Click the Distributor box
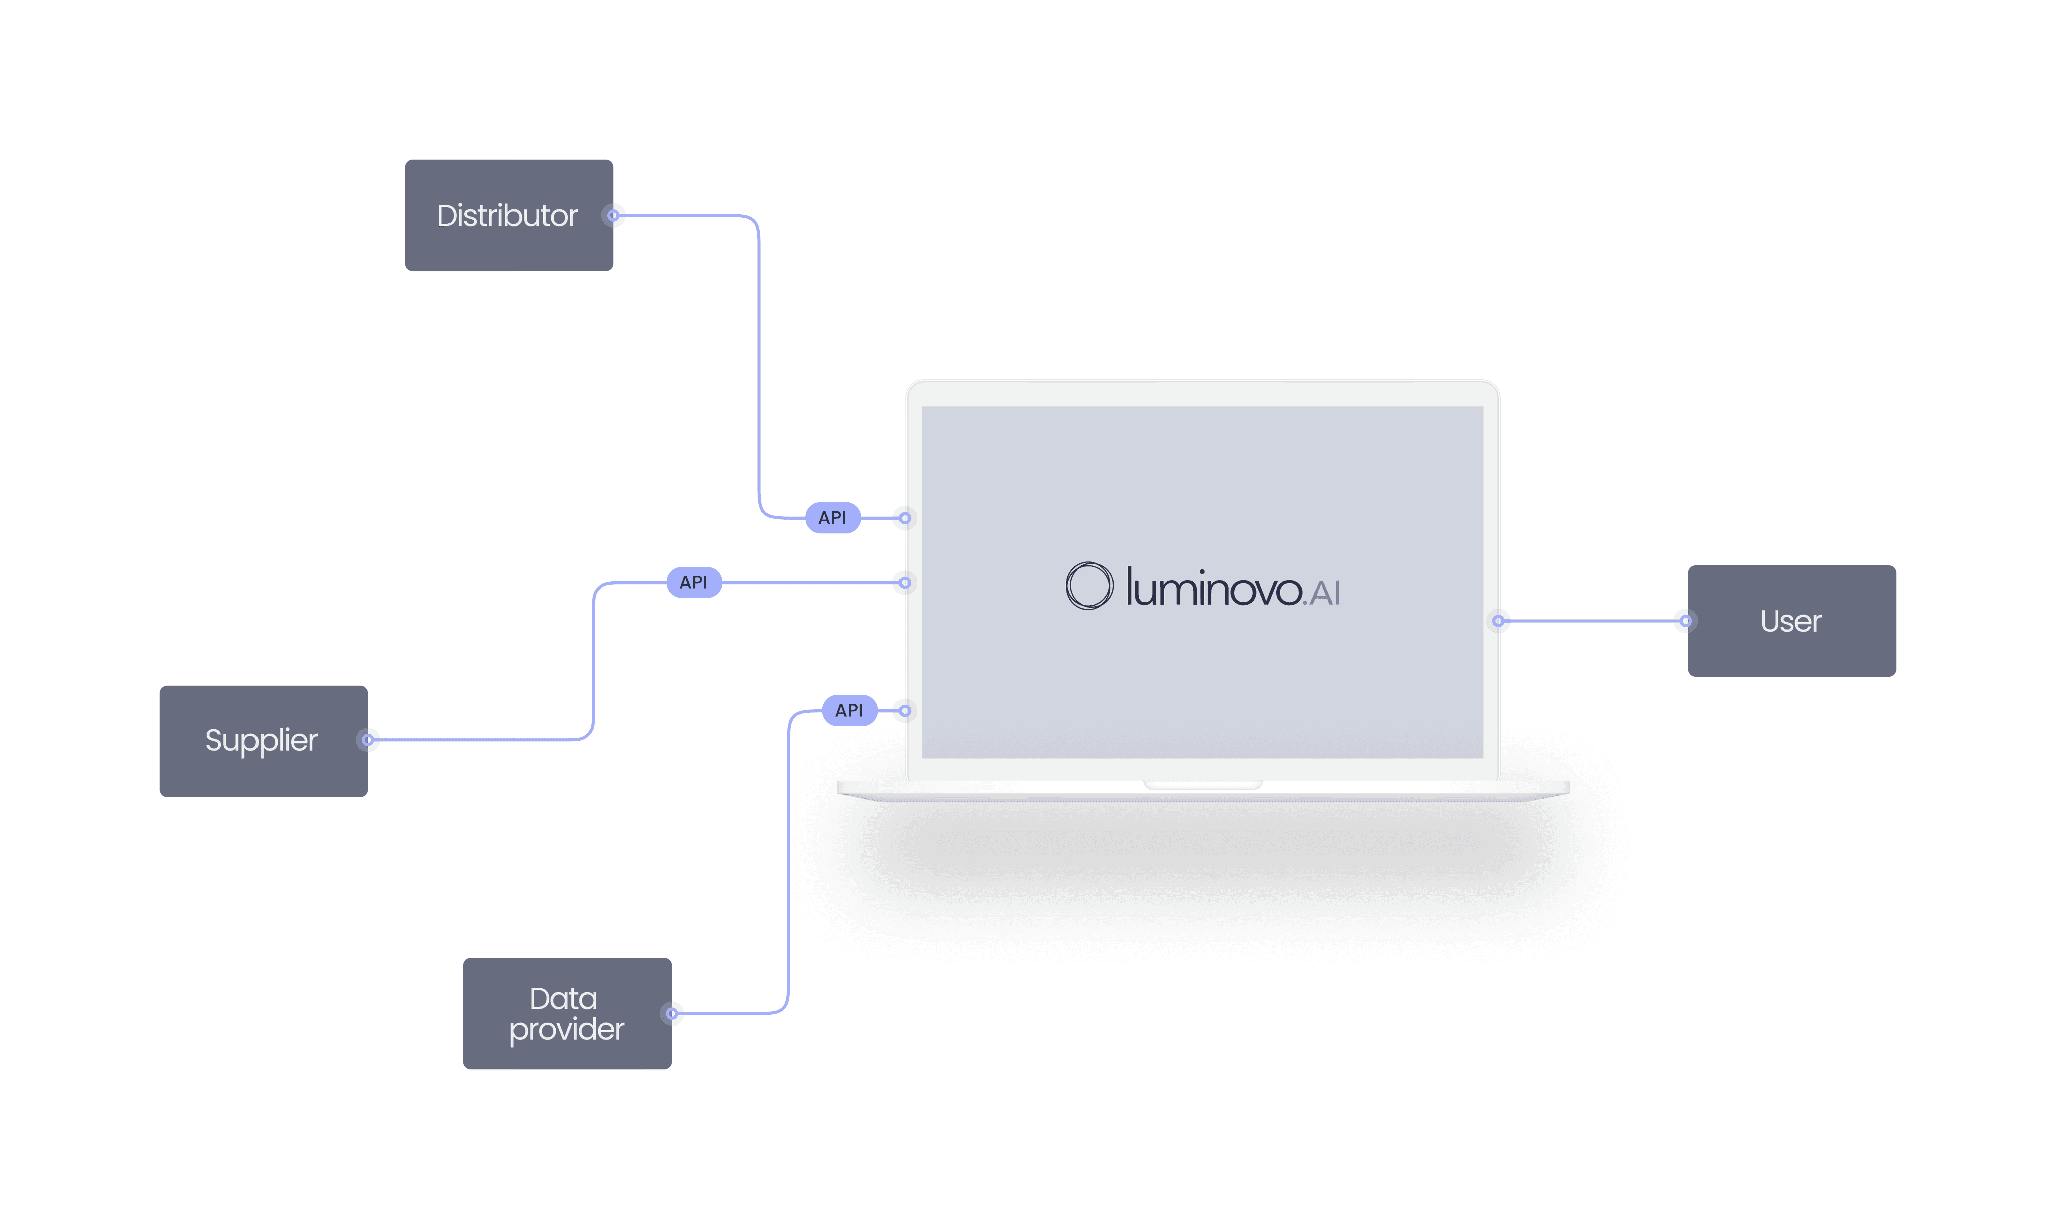(x=508, y=215)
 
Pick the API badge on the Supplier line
(x=693, y=582)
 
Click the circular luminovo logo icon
(x=1088, y=586)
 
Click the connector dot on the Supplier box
(x=368, y=740)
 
